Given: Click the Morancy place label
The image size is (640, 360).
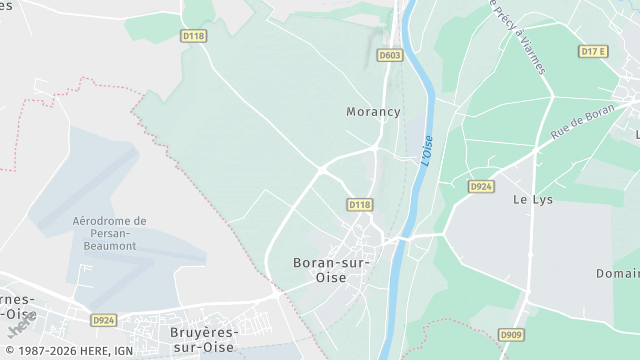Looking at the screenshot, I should pos(373,112).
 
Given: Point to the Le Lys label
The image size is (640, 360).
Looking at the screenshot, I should pos(533,200).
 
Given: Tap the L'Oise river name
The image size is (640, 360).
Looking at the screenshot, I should pos(428,150).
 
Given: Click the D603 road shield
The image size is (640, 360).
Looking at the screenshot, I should pos(390,55).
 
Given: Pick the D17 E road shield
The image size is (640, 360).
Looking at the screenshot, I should pos(594,51).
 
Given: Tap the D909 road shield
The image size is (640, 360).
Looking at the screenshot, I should pos(510,334).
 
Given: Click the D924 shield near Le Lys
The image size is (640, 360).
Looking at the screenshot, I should pos(481,187).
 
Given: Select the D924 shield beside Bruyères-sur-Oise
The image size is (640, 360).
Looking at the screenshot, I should pos(103,320).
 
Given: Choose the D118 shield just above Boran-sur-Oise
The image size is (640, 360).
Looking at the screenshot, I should pos(360,204).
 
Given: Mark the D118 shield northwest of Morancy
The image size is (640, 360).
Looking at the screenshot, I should pos(194,35).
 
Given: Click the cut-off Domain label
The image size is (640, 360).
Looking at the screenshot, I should pos(618,273).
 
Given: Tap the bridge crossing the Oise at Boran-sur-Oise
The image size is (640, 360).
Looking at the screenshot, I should pos(401,240).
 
